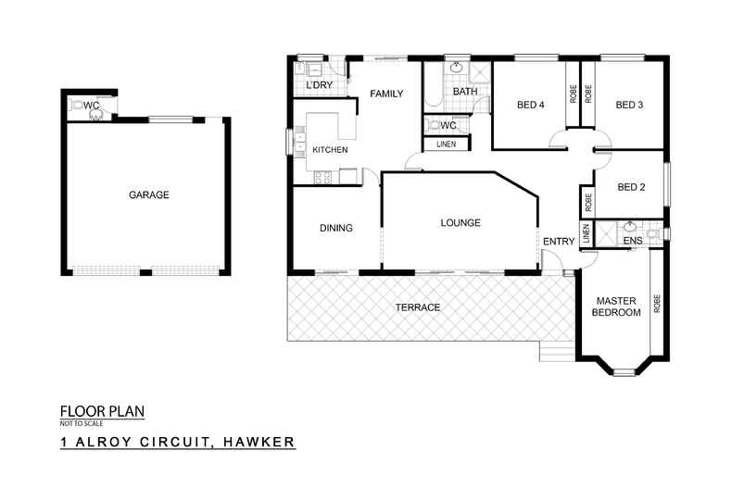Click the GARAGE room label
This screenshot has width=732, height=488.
coord(149,194)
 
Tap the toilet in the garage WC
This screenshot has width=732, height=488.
coord(77,106)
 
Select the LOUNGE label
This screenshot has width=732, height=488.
coord(461,222)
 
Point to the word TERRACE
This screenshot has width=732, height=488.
coord(417,307)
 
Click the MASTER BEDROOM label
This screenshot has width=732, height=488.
coord(616,307)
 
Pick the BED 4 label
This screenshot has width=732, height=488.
coord(530,105)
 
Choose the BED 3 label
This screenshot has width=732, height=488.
coord(629,105)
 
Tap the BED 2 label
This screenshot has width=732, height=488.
coord(631,187)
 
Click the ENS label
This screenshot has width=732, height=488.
coord(633,241)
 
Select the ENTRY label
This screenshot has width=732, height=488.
coord(559,241)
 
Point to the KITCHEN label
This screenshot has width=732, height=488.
coord(330,150)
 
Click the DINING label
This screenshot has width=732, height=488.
coord(336,228)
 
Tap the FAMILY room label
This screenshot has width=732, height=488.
coord(386,94)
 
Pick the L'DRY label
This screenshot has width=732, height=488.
coord(320,85)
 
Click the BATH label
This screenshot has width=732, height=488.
coord(465,92)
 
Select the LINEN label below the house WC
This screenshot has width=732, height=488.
coord(446,144)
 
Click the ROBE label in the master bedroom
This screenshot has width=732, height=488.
coord(657,304)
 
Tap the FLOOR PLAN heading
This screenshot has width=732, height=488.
coord(102,411)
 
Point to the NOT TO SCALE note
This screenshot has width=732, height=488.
coord(82,423)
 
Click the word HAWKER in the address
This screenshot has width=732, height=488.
coord(259,442)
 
